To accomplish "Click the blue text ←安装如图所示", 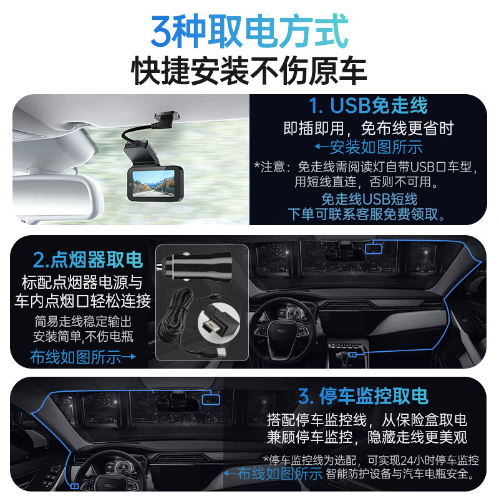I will pyautogui.click(x=367, y=148).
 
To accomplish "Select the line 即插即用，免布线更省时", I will pyautogui.click(x=367, y=128).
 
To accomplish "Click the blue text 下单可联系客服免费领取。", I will pyautogui.click(x=367, y=215).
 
